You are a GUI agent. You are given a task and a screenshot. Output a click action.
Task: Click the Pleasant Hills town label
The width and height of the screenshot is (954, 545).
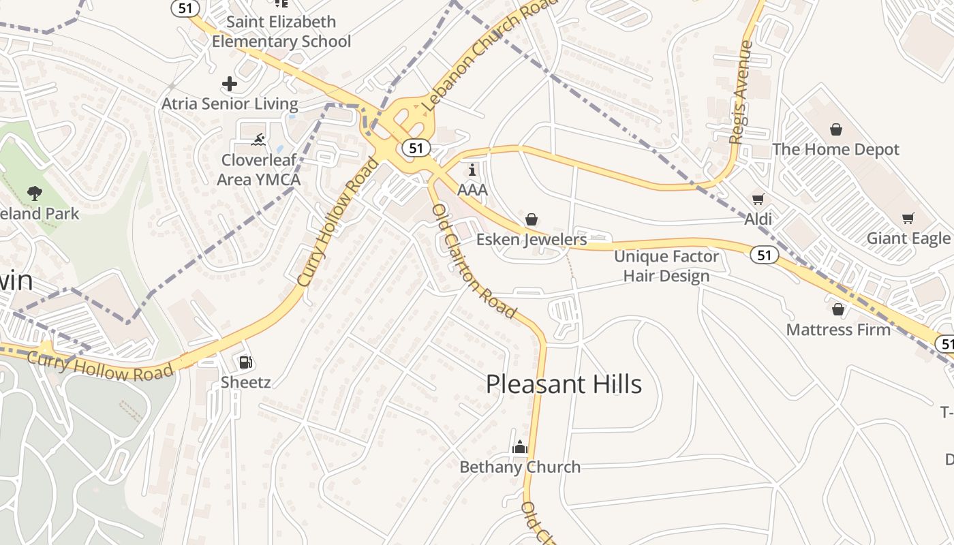[x=564, y=384]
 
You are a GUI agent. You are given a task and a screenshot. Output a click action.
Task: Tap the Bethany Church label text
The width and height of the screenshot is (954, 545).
[x=520, y=467]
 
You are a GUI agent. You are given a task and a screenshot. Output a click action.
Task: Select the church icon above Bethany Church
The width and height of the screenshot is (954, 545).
[x=520, y=447]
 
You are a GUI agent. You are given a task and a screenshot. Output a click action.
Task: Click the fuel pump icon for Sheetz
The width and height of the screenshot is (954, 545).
[x=245, y=362]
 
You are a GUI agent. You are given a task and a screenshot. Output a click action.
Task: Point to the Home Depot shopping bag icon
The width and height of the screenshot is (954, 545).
[x=836, y=129]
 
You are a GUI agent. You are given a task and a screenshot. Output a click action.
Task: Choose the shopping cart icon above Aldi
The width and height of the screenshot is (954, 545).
[x=758, y=199]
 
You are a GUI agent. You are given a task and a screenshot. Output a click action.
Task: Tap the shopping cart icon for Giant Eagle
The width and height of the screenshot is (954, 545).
[x=908, y=218]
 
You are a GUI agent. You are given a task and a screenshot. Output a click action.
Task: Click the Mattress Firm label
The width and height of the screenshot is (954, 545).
[x=838, y=330]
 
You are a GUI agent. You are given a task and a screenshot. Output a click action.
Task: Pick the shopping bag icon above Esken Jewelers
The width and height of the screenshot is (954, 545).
[x=532, y=219]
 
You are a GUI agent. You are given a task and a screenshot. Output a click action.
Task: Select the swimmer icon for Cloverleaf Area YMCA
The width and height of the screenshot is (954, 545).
[x=258, y=141]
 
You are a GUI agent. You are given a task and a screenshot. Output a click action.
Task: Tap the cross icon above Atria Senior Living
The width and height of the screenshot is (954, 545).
[x=230, y=84]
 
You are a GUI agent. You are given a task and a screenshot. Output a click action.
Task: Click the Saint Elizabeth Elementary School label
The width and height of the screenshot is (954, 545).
[x=281, y=31]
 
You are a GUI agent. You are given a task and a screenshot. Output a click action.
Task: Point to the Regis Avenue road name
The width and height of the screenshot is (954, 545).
[x=741, y=92]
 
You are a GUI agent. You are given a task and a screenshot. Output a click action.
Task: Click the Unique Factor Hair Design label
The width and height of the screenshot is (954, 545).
[x=666, y=266]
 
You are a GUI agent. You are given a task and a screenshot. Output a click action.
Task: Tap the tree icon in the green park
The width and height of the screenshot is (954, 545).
[x=35, y=193]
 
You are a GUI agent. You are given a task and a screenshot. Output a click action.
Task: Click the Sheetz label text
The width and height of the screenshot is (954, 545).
[x=246, y=382]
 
